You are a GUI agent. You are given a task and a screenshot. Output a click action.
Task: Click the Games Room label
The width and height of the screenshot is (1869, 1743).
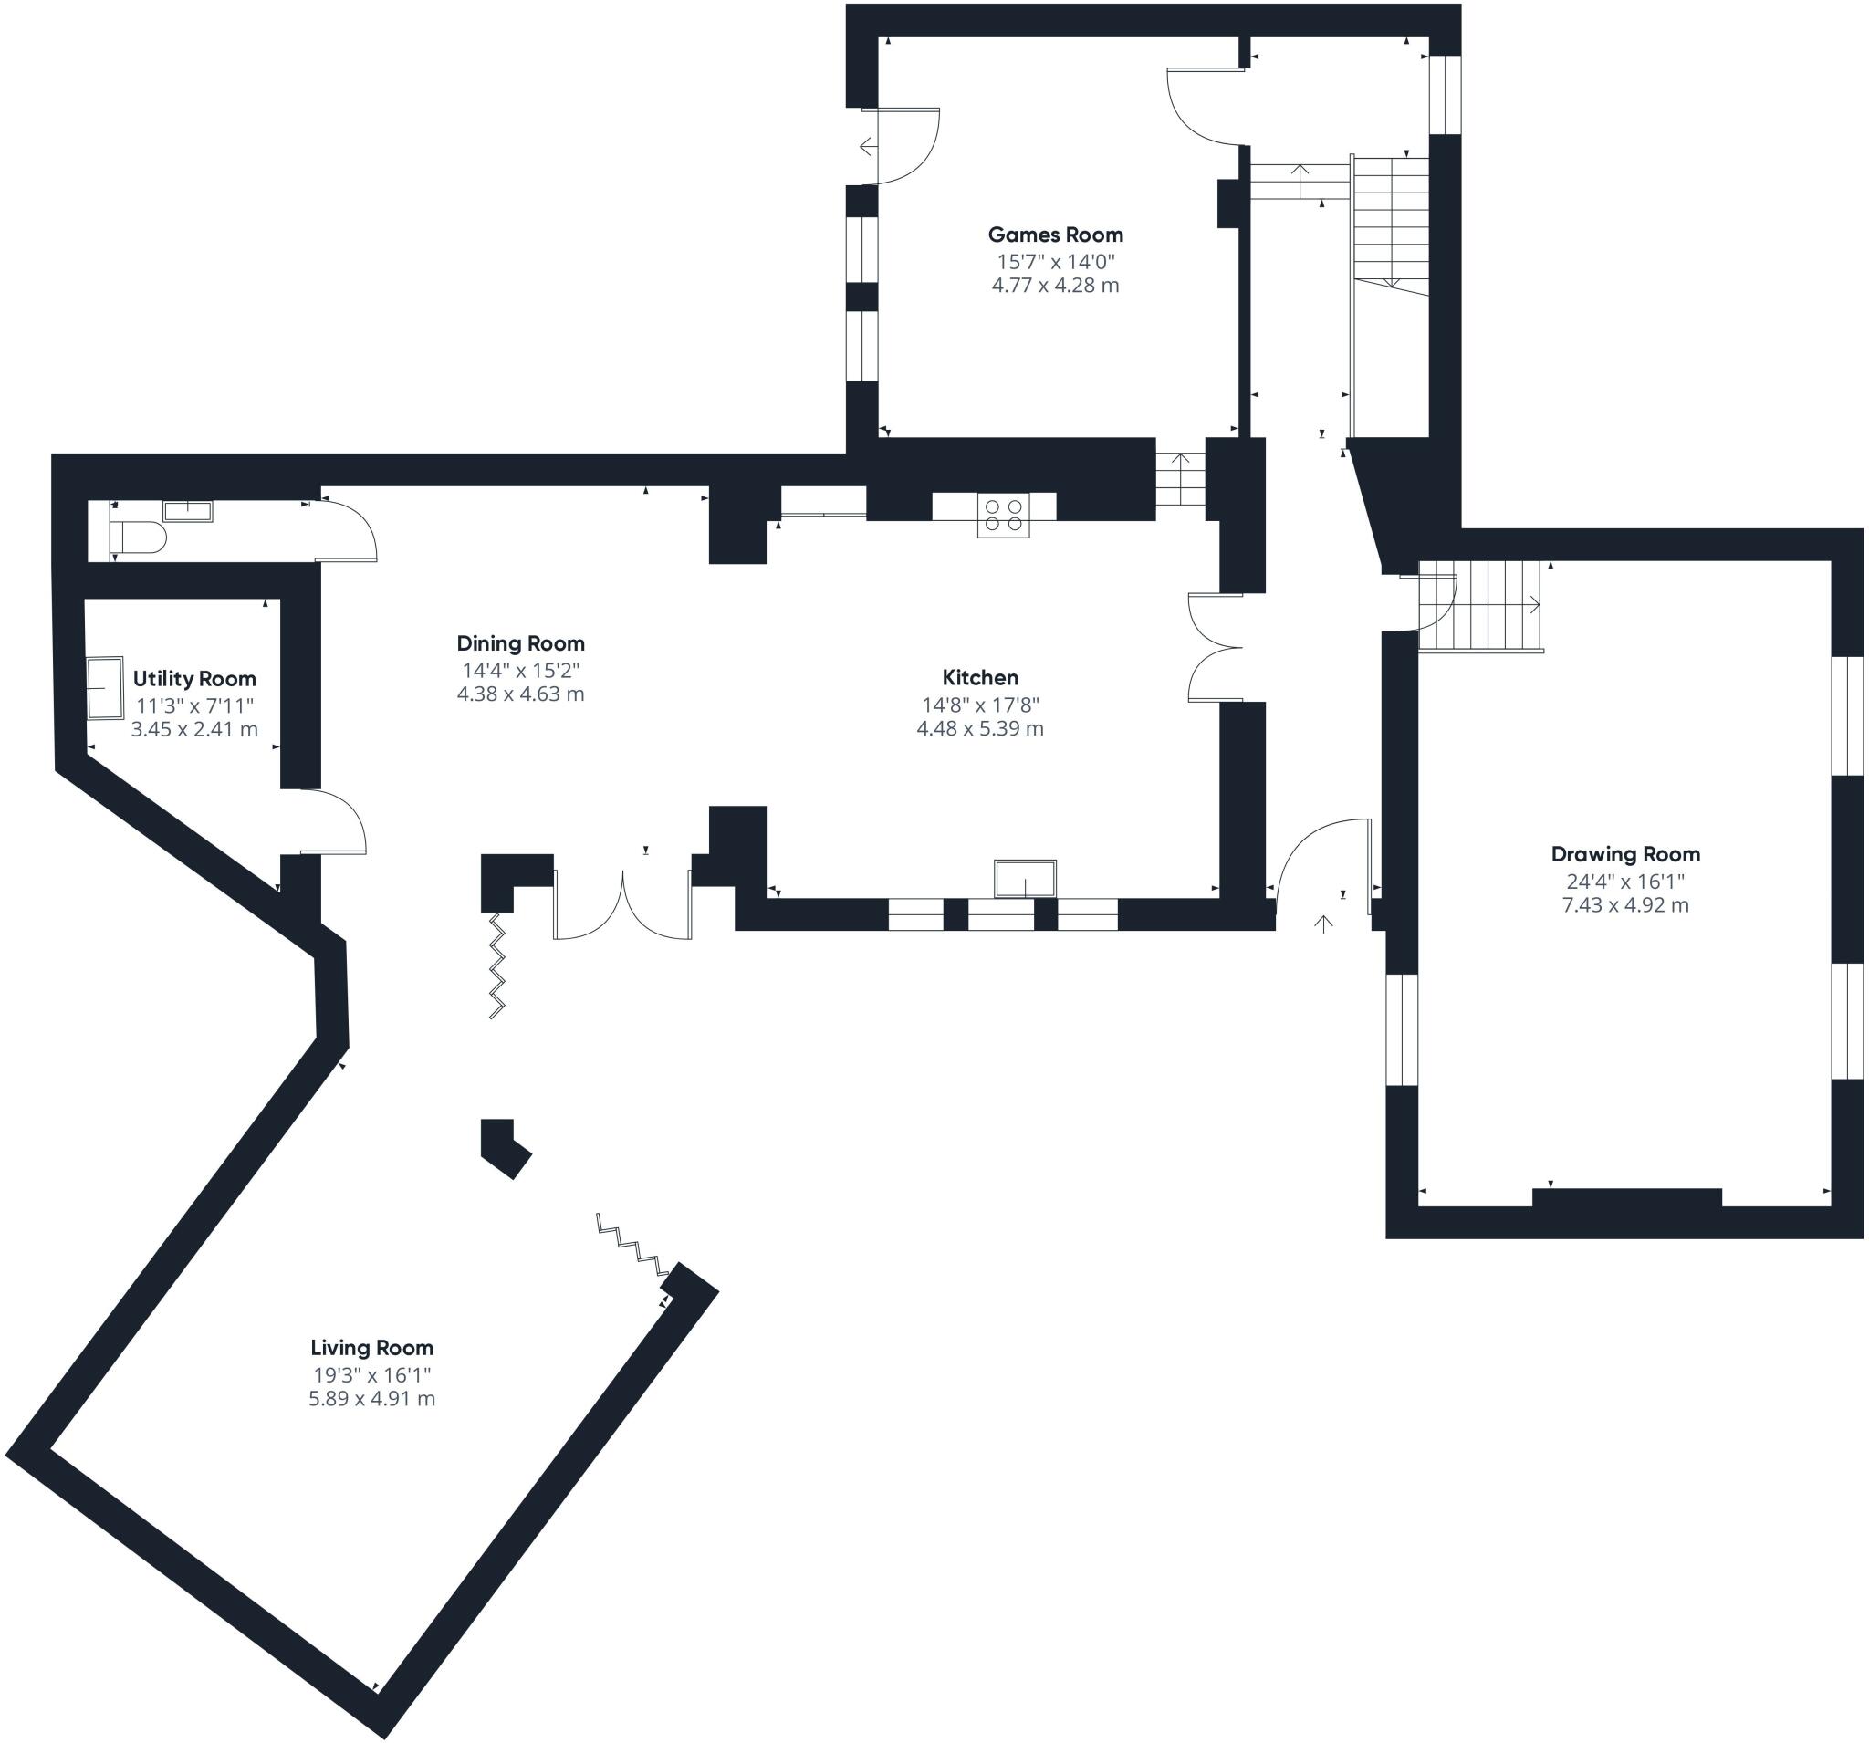tap(1055, 235)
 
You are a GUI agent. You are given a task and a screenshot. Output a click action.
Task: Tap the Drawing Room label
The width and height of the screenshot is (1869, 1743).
tap(1625, 854)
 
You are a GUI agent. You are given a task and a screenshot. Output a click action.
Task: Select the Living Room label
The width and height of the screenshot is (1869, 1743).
tap(371, 1348)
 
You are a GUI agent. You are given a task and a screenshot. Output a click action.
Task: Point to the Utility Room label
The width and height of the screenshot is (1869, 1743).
tap(194, 679)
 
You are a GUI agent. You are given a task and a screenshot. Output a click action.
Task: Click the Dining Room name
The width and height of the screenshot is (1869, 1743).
tap(520, 644)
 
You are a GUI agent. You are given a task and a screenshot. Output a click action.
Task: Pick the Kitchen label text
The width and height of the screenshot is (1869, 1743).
tap(979, 678)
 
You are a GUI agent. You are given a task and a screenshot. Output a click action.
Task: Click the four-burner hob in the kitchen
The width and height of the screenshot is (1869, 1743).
tap(1003, 516)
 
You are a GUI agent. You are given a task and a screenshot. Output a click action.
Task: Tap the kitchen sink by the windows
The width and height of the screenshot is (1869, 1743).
tap(1025, 878)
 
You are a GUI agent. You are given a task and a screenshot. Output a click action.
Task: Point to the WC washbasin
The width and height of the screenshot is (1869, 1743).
tap(188, 510)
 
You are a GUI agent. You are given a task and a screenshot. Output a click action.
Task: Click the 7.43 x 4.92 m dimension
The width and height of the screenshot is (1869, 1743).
tap(1625, 905)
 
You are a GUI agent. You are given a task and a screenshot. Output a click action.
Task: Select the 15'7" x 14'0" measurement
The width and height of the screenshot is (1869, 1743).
tap(1055, 261)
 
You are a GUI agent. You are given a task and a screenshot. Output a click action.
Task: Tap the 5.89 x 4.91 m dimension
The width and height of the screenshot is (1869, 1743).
tap(371, 1399)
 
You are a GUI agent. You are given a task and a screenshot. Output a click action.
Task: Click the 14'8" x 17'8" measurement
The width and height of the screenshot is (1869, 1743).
tap(979, 705)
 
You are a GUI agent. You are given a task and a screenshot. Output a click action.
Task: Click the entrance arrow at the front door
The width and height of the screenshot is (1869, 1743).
tap(1322, 924)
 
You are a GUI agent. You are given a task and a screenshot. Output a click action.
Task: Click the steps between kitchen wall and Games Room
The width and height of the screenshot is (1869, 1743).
tap(1180, 479)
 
